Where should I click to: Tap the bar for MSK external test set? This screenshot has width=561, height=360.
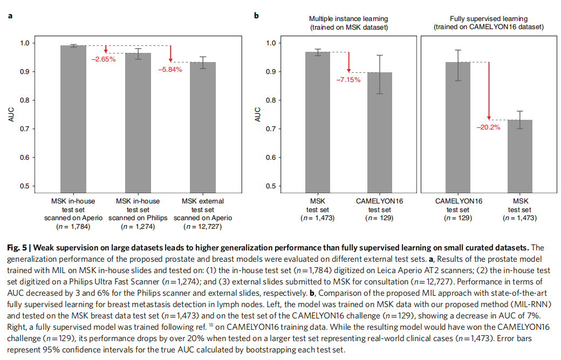tap(202, 126)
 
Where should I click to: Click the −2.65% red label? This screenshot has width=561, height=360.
tap(102, 59)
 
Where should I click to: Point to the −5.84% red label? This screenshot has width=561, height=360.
tap(170, 70)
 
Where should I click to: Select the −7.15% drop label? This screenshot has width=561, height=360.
tap(348, 79)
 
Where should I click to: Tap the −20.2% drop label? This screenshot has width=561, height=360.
tap(488, 127)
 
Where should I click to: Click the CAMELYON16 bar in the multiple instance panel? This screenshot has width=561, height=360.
tap(380, 132)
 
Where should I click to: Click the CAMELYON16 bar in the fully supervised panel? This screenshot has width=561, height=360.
tap(457, 126)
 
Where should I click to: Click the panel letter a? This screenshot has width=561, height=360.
tap(11, 16)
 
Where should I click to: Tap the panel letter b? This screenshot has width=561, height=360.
tap(256, 16)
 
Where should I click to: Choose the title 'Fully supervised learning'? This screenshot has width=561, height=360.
tap(488, 19)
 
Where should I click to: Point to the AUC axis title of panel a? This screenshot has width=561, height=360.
tap(11, 114)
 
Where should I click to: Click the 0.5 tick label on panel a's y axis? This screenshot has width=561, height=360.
tap(24, 186)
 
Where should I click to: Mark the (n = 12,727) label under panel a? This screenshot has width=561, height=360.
tap(202, 226)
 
